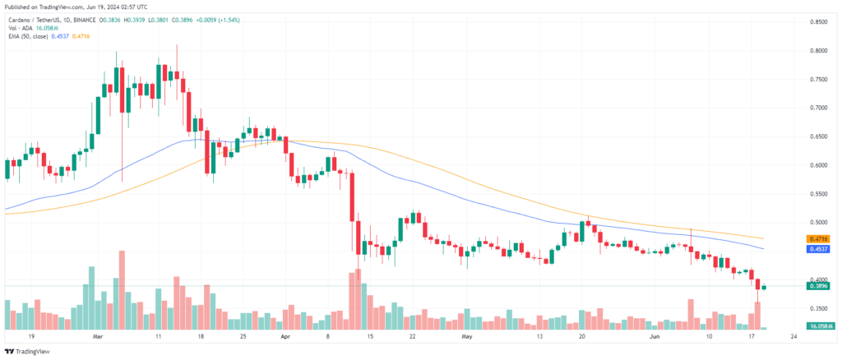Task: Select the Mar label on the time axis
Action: coord(99,337)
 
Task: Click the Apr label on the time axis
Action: coord(286,337)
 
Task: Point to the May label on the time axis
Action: coord(468,337)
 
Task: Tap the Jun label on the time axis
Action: coord(655,337)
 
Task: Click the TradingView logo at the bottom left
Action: coord(28,352)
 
